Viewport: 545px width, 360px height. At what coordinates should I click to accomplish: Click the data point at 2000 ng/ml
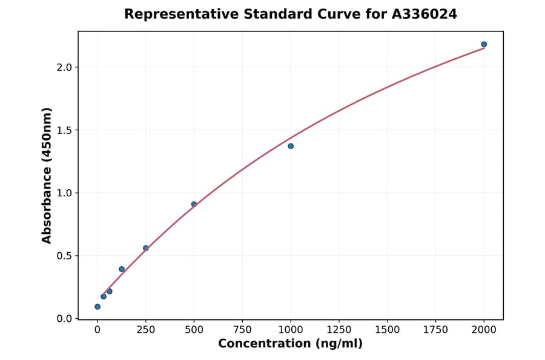pyautogui.click(x=484, y=44)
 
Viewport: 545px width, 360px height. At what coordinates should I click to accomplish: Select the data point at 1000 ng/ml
pyautogui.click(x=291, y=146)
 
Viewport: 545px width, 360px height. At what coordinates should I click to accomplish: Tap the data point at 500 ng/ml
pyautogui.click(x=194, y=204)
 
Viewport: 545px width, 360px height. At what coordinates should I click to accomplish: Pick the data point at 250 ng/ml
pyautogui.click(x=146, y=248)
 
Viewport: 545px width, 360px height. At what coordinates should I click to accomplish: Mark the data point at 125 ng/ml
pyautogui.click(x=122, y=269)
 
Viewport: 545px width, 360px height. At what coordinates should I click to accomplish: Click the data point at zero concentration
pyautogui.click(x=97, y=307)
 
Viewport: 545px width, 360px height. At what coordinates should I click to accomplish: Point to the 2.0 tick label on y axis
pyautogui.click(x=64, y=67)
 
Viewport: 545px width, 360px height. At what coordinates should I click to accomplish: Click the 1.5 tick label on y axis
pyautogui.click(x=64, y=130)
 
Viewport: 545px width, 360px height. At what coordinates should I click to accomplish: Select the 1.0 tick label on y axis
pyautogui.click(x=64, y=193)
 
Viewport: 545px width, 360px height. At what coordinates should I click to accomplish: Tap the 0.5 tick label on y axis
pyautogui.click(x=64, y=256)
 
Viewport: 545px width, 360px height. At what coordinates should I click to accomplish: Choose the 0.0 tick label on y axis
pyautogui.click(x=64, y=319)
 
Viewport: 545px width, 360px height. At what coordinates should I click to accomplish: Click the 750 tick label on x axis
pyautogui.click(x=242, y=330)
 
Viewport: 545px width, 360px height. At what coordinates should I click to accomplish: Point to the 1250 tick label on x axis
pyautogui.click(x=339, y=330)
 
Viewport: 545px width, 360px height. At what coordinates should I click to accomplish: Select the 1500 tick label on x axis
pyautogui.click(x=388, y=330)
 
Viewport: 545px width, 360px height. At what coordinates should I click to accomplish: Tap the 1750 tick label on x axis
pyautogui.click(x=436, y=330)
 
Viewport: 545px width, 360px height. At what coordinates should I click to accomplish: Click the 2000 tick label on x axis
pyautogui.click(x=484, y=330)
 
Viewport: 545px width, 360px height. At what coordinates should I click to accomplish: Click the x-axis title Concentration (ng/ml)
pyautogui.click(x=290, y=344)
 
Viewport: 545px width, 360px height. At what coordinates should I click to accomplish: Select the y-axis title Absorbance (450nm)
pyautogui.click(x=47, y=175)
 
